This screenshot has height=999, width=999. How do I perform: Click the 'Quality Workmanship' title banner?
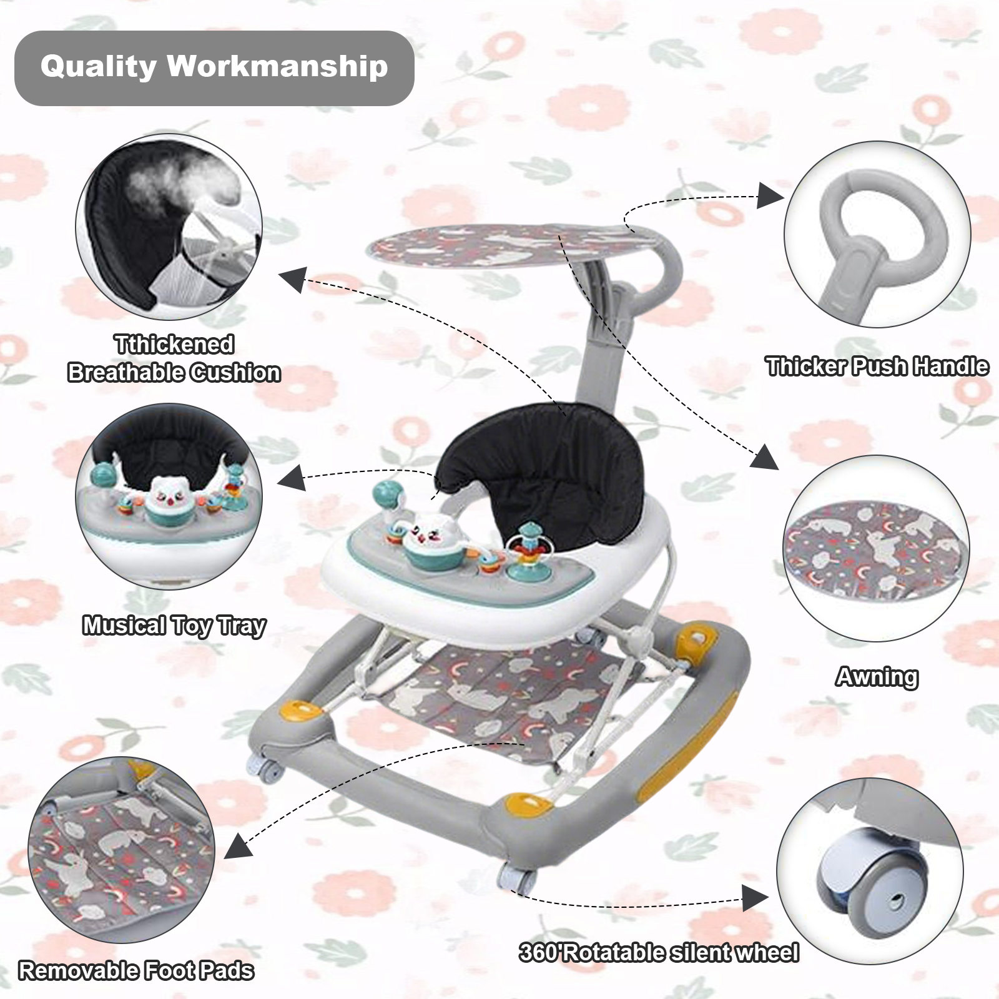214,67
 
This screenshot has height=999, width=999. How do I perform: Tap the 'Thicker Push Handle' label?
877,367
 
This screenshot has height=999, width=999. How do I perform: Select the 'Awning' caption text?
877,676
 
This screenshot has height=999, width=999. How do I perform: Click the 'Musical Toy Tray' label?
174,625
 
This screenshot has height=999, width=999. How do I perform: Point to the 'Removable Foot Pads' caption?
136,971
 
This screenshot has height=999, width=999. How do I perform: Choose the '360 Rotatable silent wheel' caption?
659,953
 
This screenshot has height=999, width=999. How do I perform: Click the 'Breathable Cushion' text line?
174,373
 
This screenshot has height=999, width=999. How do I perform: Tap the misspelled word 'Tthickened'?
174,344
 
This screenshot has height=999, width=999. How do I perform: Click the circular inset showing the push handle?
877,234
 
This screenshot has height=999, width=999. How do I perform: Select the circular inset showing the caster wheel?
870,870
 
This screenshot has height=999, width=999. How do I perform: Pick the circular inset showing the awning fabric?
877,548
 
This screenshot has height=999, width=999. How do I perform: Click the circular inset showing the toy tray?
169,496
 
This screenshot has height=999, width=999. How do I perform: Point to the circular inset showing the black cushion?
169,227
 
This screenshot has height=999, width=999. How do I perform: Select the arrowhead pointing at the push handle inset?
769,196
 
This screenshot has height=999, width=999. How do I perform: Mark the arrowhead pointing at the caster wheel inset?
755,899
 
